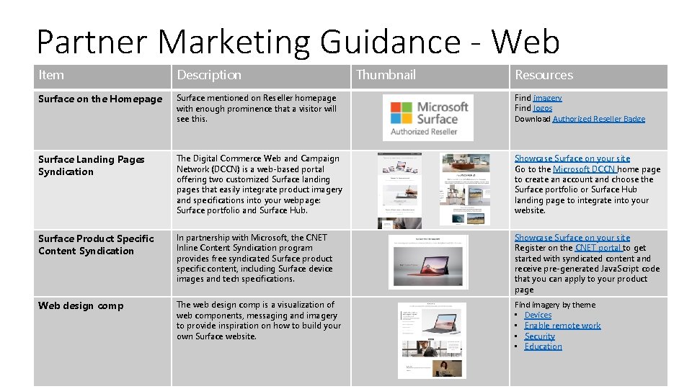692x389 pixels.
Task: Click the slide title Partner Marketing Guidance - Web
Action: point(298,42)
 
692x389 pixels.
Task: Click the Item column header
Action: point(51,75)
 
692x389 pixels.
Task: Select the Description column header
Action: point(209,75)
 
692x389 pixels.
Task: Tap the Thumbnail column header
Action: point(386,75)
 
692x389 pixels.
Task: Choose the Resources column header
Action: point(544,75)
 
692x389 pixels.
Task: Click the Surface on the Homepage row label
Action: point(100,99)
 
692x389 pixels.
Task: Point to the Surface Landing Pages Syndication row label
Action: point(92,166)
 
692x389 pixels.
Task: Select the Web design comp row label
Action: point(81,305)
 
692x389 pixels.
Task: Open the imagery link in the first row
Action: point(548,98)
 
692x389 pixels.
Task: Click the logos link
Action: point(543,108)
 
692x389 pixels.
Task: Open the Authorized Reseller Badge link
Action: point(599,119)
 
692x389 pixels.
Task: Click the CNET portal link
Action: point(599,248)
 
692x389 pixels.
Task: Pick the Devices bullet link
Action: point(538,315)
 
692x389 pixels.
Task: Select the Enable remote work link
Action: point(562,326)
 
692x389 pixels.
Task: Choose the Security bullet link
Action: point(540,336)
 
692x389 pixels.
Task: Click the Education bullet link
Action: point(543,346)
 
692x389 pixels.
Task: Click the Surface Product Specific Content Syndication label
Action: point(96,244)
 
